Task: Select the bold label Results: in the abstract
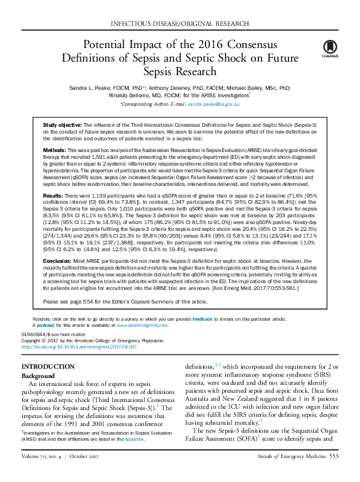click(x=54, y=194)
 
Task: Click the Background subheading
click(x=42, y=376)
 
